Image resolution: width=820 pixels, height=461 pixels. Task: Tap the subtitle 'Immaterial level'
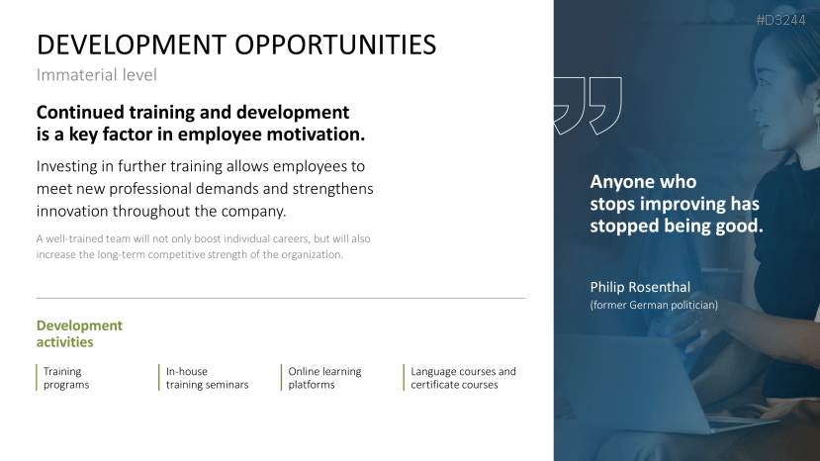coord(97,74)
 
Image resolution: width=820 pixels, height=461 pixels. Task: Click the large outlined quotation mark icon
coord(588,105)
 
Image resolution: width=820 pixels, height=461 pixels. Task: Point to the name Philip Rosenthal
coord(640,287)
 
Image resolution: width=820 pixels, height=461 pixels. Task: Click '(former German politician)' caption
coord(654,305)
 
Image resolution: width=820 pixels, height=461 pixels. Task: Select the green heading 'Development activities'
coord(79,333)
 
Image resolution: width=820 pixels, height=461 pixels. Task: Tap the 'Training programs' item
coord(66,378)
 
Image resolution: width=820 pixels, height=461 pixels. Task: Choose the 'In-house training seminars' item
coord(207,378)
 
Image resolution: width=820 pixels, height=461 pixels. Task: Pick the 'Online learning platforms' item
coord(324,378)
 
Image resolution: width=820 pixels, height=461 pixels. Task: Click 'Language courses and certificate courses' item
coord(463,378)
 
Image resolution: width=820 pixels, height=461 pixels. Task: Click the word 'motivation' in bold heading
coord(317,134)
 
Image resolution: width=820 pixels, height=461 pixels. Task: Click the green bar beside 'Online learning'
coord(282,378)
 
